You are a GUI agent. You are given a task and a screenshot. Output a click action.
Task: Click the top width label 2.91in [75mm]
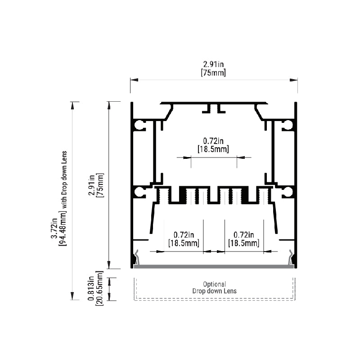213,69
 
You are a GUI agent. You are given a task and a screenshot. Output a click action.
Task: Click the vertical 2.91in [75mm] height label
96,185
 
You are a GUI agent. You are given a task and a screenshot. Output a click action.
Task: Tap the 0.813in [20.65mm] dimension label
95,288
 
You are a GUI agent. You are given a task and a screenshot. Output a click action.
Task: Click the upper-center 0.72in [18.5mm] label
213,145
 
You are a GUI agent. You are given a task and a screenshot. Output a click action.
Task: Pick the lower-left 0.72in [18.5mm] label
184,239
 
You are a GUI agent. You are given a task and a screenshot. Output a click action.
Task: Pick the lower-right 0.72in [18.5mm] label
243,239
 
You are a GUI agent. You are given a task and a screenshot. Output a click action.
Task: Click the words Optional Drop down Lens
215,288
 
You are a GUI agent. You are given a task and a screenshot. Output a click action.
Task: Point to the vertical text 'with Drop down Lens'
64,180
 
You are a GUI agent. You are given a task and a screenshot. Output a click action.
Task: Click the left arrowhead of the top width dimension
134,80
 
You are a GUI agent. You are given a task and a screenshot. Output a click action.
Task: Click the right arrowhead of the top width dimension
294,80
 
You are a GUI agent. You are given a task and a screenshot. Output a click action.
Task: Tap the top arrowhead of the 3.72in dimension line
72,106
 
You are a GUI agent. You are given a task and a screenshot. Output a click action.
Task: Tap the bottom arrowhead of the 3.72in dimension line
72,296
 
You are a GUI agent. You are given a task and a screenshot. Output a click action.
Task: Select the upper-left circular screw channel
139,125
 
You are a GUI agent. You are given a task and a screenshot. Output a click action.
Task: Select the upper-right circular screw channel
288,125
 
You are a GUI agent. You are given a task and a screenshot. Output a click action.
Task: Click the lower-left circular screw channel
139,192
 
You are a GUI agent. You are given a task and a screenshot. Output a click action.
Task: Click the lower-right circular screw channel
288,192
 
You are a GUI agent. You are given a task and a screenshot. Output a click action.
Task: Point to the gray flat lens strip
214,266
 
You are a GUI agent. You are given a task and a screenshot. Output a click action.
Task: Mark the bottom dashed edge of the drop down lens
215,300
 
